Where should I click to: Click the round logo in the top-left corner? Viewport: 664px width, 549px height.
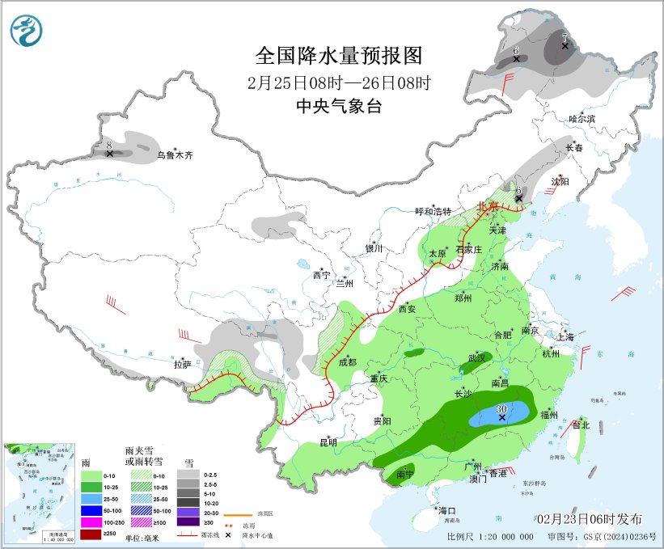pyautogui.click(x=27, y=30)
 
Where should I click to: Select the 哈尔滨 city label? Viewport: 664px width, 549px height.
pyautogui.click(x=582, y=119)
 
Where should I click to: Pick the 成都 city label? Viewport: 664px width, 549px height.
pyautogui.click(x=346, y=362)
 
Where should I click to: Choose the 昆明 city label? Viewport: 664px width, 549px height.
pyautogui.click(x=328, y=441)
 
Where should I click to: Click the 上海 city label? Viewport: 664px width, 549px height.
pyautogui.click(x=565, y=336)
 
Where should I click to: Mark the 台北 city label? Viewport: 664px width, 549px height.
pyautogui.click(x=581, y=424)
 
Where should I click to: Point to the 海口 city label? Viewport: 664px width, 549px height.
pyautogui.click(x=447, y=510)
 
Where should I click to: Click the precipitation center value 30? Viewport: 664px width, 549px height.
pyautogui.click(x=501, y=409)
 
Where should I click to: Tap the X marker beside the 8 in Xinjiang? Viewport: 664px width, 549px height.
pyautogui.click(x=110, y=154)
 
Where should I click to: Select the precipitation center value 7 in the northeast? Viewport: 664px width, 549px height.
pyautogui.click(x=565, y=36)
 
